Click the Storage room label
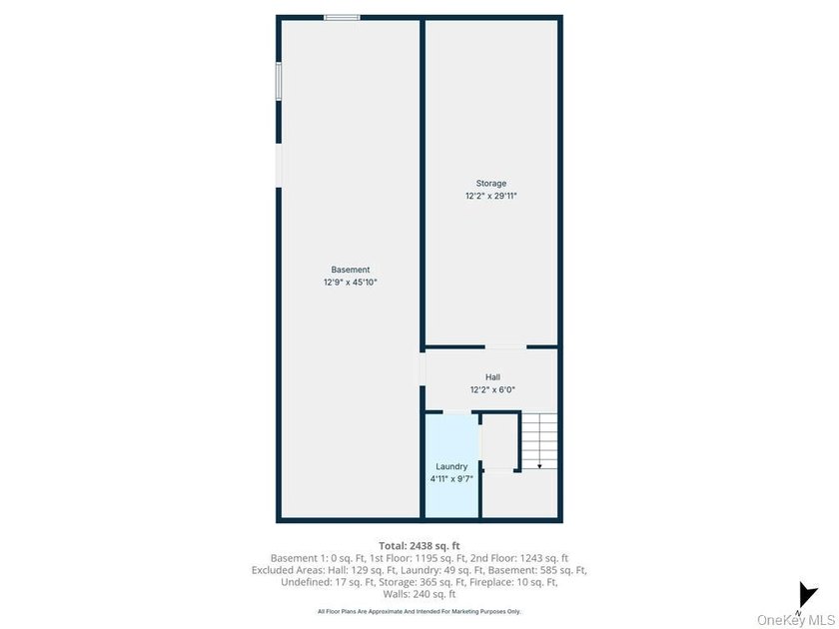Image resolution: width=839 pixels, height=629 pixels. (491, 184)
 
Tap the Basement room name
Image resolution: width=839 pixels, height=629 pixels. (351, 270)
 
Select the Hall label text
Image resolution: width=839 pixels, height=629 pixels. (492, 377)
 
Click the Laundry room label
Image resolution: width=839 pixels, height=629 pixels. (451, 466)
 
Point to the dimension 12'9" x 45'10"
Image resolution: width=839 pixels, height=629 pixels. (351, 283)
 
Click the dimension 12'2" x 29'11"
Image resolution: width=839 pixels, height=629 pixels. (491, 197)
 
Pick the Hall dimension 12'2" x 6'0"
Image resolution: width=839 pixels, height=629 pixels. (492, 390)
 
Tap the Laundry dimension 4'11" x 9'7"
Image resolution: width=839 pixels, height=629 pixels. (451, 479)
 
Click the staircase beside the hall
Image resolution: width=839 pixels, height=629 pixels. (539, 441)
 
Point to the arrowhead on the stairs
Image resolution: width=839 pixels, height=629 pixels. (539, 466)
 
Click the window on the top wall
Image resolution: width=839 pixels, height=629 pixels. (342, 18)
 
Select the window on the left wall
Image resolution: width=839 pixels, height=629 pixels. (279, 81)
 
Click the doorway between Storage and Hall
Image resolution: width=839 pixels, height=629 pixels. (505, 347)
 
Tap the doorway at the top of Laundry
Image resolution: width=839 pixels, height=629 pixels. (457, 411)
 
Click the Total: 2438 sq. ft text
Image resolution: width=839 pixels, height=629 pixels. (419, 546)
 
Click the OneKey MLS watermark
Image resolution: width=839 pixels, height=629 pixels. (796, 620)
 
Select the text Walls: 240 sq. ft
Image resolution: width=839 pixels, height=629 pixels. (419, 594)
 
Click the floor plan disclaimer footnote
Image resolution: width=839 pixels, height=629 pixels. (419, 611)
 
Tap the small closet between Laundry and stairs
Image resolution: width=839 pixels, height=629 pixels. (499, 441)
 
